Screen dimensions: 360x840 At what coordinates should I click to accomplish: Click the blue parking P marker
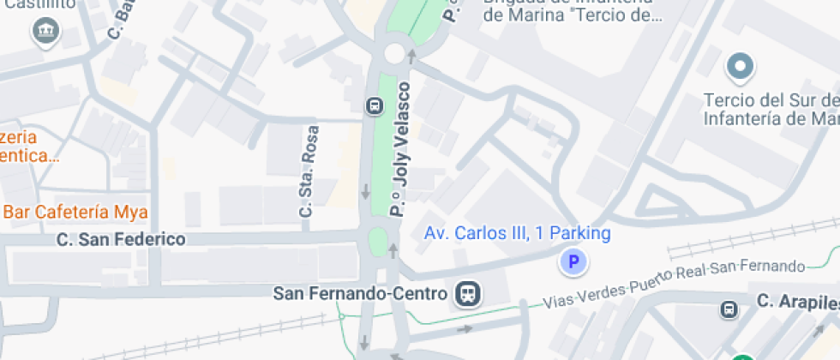[x=574, y=261]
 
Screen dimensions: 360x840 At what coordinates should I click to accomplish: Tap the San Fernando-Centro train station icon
[x=469, y=294]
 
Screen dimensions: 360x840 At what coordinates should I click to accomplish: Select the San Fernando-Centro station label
[x=360, y=294]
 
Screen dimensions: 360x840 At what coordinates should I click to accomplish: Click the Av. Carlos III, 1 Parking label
[x=518, y=233]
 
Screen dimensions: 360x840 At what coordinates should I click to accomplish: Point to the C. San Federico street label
[x=121, y=239]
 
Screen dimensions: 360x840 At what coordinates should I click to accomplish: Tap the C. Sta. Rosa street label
[x=309, y=171]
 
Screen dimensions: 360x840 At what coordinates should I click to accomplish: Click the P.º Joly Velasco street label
[x=400, y=147]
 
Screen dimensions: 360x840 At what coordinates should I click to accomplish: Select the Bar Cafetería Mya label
[x=75, y=212]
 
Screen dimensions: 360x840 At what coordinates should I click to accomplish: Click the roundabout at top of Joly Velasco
[x=394, y=53]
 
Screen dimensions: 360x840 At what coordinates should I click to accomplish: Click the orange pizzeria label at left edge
[x=29, y=147]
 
